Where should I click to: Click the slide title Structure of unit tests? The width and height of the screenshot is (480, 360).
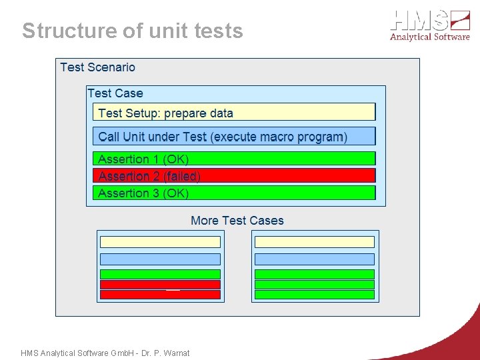pyautogui.click(x=133, y=31)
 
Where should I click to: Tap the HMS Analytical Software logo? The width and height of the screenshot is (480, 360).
pyautogui.click(x=430, y=25)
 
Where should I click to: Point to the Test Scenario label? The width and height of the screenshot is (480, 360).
pyautogui.click(x=97, y=67)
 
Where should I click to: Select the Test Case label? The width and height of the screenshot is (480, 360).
pyautogui.click(x=115, y=93)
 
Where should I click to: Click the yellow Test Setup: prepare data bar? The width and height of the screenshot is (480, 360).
pyautogui.click(x=233, y=113)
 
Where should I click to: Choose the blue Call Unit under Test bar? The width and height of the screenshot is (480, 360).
pyautogui.click(x=233, y=137)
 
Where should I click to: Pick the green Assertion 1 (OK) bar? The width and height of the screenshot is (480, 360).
pyautogui.click(x=233, y=159)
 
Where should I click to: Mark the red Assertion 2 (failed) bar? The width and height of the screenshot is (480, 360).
pyautogui.click(x=233, y=176)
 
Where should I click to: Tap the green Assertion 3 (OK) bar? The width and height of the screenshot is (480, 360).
pyautogui.click(x=233, y=193)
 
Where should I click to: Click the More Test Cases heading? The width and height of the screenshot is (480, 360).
pyautogui.click(x=237, y=221)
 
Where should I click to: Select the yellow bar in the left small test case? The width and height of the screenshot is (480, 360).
pyautogui.click(x=160, y=242)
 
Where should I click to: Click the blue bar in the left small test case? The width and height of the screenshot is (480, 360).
pyautogui.click(x=160, y=259)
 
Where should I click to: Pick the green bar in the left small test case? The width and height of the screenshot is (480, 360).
pyautogui.click(x=160, y=274)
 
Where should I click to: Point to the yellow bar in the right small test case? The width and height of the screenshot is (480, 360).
pyautogui.click(x=315, y=242)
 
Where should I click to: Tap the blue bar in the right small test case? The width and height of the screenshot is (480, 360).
pyautogui.click(x=315, y=259)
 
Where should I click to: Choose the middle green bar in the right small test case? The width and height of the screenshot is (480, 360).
pyautogui.click(x=315, y=285)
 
